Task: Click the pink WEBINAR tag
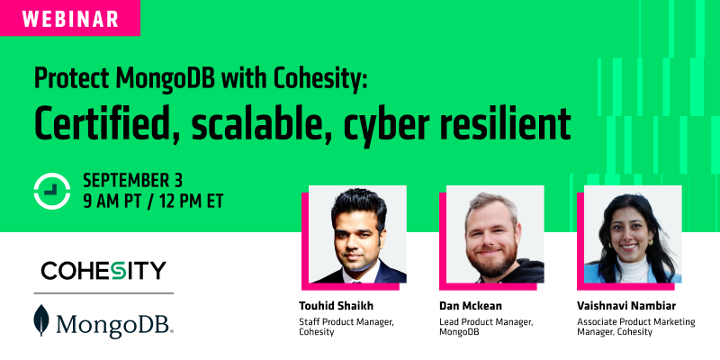[69, 17]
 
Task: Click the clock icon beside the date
[51, 188]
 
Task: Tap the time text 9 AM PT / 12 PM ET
[152, 199]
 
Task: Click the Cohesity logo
[103, 270]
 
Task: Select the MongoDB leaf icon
[40, 321]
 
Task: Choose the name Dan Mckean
[469, 304]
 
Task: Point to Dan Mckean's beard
[493, 264]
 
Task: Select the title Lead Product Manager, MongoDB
[484, 327]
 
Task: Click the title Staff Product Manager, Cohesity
[344, 327]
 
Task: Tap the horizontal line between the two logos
[103, 292]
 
